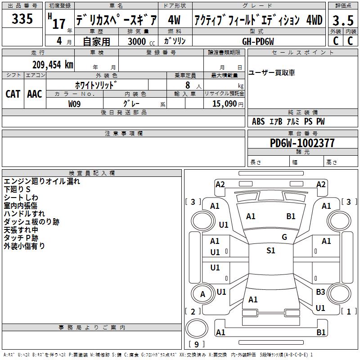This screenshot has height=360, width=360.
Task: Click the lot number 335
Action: click(22, 18)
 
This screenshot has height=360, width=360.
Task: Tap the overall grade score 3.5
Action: click(343, 20)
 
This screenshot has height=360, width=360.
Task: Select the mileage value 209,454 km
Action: click(53, 65)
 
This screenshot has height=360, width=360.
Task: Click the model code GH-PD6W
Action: click(258, 41)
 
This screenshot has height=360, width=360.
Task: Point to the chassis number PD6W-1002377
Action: click(302, 143)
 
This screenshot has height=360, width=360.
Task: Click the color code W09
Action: click(74, 104)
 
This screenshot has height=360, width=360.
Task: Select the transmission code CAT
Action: click(13, 94)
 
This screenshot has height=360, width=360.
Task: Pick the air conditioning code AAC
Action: click(35, 94)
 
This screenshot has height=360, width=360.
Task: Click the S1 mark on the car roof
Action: click(271, 251)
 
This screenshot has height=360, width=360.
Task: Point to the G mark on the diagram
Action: click(284, 237)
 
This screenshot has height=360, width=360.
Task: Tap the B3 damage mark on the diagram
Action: click(320, 292)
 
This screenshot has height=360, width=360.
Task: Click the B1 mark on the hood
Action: click(291, 216)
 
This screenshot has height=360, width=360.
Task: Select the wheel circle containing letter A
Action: click(202, 294)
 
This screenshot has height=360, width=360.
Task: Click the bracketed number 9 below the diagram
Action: click(197, 344)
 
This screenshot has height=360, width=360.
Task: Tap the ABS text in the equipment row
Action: click(258, 121)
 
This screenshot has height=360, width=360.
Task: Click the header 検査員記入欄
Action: click(92, 173)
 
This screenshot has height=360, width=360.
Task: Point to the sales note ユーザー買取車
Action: click(272, 73)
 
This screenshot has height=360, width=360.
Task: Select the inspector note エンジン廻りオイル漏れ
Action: click(42, 181)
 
